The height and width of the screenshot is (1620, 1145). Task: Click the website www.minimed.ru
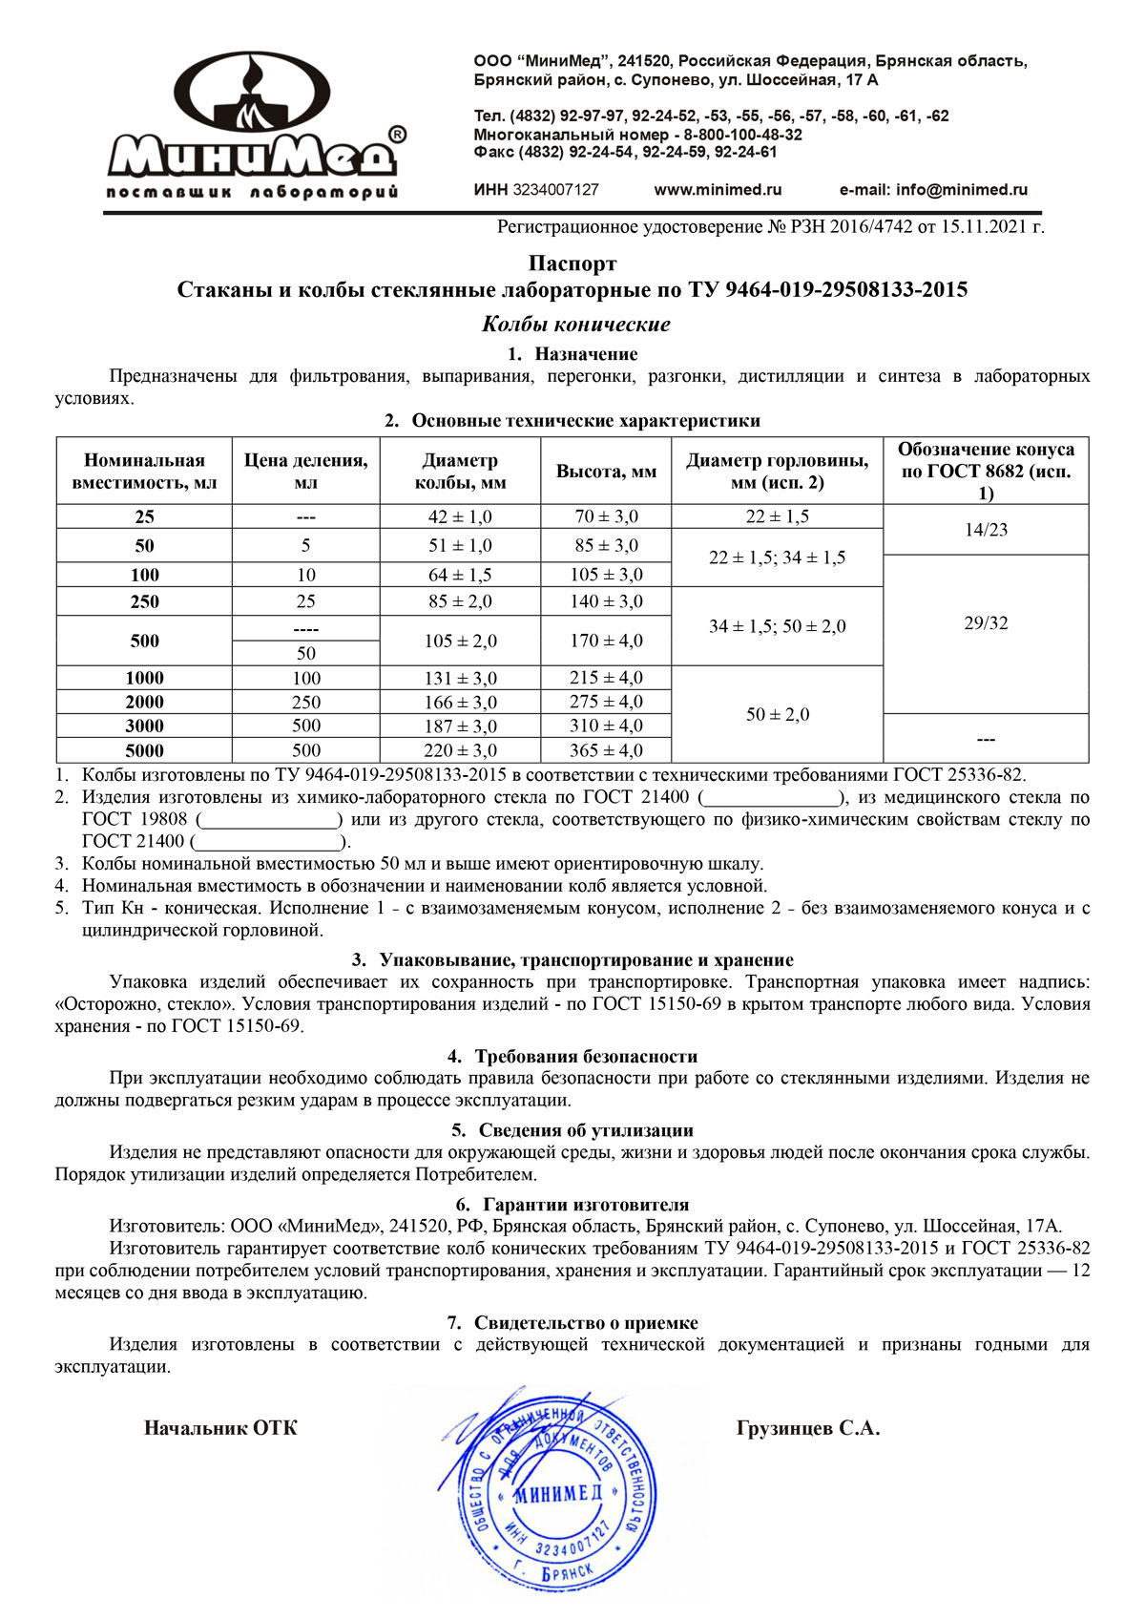[x=718, y=190]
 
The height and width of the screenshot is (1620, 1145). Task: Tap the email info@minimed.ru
[x=933, y=190]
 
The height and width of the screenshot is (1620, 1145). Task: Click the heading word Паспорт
[x=572, y=263]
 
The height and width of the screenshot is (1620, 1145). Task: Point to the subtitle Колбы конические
[x=575, y=324]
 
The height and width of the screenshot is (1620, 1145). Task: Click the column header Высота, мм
[x=606, y=472]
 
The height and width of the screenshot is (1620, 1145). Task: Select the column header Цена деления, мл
[x=305, y=472]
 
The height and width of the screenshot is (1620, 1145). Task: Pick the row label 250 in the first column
[x=144, y=601]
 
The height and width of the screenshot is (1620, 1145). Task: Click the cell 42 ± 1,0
[x=460, y=516]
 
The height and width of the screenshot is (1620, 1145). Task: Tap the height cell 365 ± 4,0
[x=606, y=750]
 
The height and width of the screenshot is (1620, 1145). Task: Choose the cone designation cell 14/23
[x=986, y=530]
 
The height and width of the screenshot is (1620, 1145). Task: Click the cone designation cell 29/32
[x=986, y=623]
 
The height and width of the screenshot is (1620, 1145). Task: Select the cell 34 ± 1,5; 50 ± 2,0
[x=777, y=626]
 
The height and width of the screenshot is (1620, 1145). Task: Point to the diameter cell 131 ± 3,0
[x=460, y=678]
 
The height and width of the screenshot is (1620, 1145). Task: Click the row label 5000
[x=144, y=750]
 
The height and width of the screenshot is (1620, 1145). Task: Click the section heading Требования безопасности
[x=585, y=1057]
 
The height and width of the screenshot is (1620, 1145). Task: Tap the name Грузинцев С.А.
[x=808, y=1428]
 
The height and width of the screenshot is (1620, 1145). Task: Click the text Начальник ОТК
[x=220, y=1428]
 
